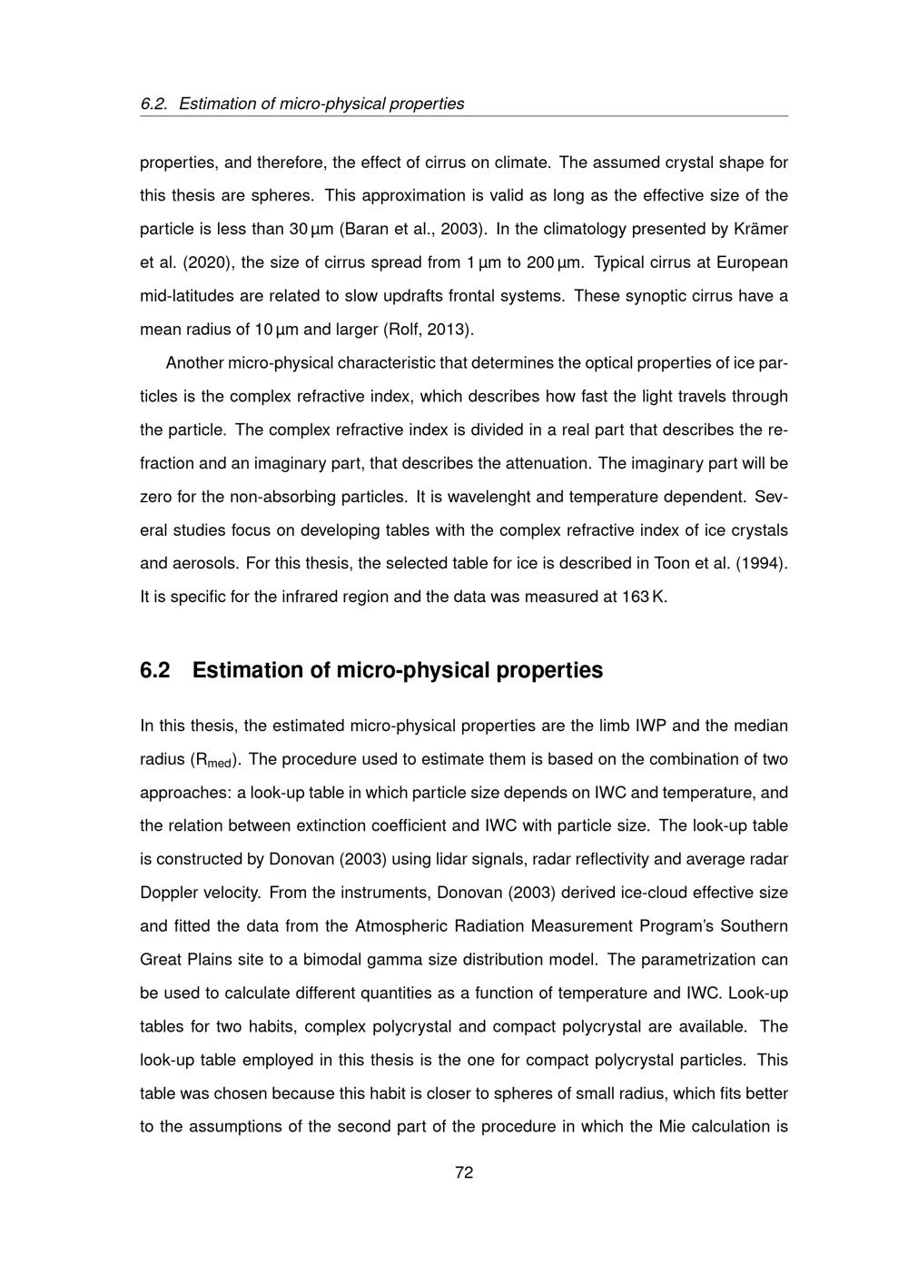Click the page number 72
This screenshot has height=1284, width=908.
click(464, 1172)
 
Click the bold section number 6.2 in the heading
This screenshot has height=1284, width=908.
click(155, 670)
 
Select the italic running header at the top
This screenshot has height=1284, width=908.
click(302, 104)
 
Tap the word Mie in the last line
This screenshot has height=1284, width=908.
click(671, 1127)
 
